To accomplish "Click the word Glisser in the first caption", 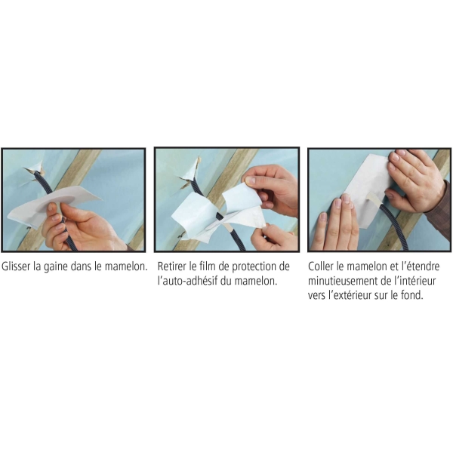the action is click(x=17, y=267).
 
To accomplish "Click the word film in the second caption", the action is click(x=207, y=266).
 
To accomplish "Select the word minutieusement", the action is click(x=340, y=281).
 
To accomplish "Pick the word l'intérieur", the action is click(x=415, y=281).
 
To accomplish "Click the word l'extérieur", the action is click(x=350, y=295).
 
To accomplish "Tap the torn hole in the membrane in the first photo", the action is click(x=34, y=174).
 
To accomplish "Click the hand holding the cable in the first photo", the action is click(x=79, y=226).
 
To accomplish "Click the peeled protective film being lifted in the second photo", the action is click(x=242, y=196).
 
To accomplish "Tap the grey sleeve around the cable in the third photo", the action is click(x=374, y=199).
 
